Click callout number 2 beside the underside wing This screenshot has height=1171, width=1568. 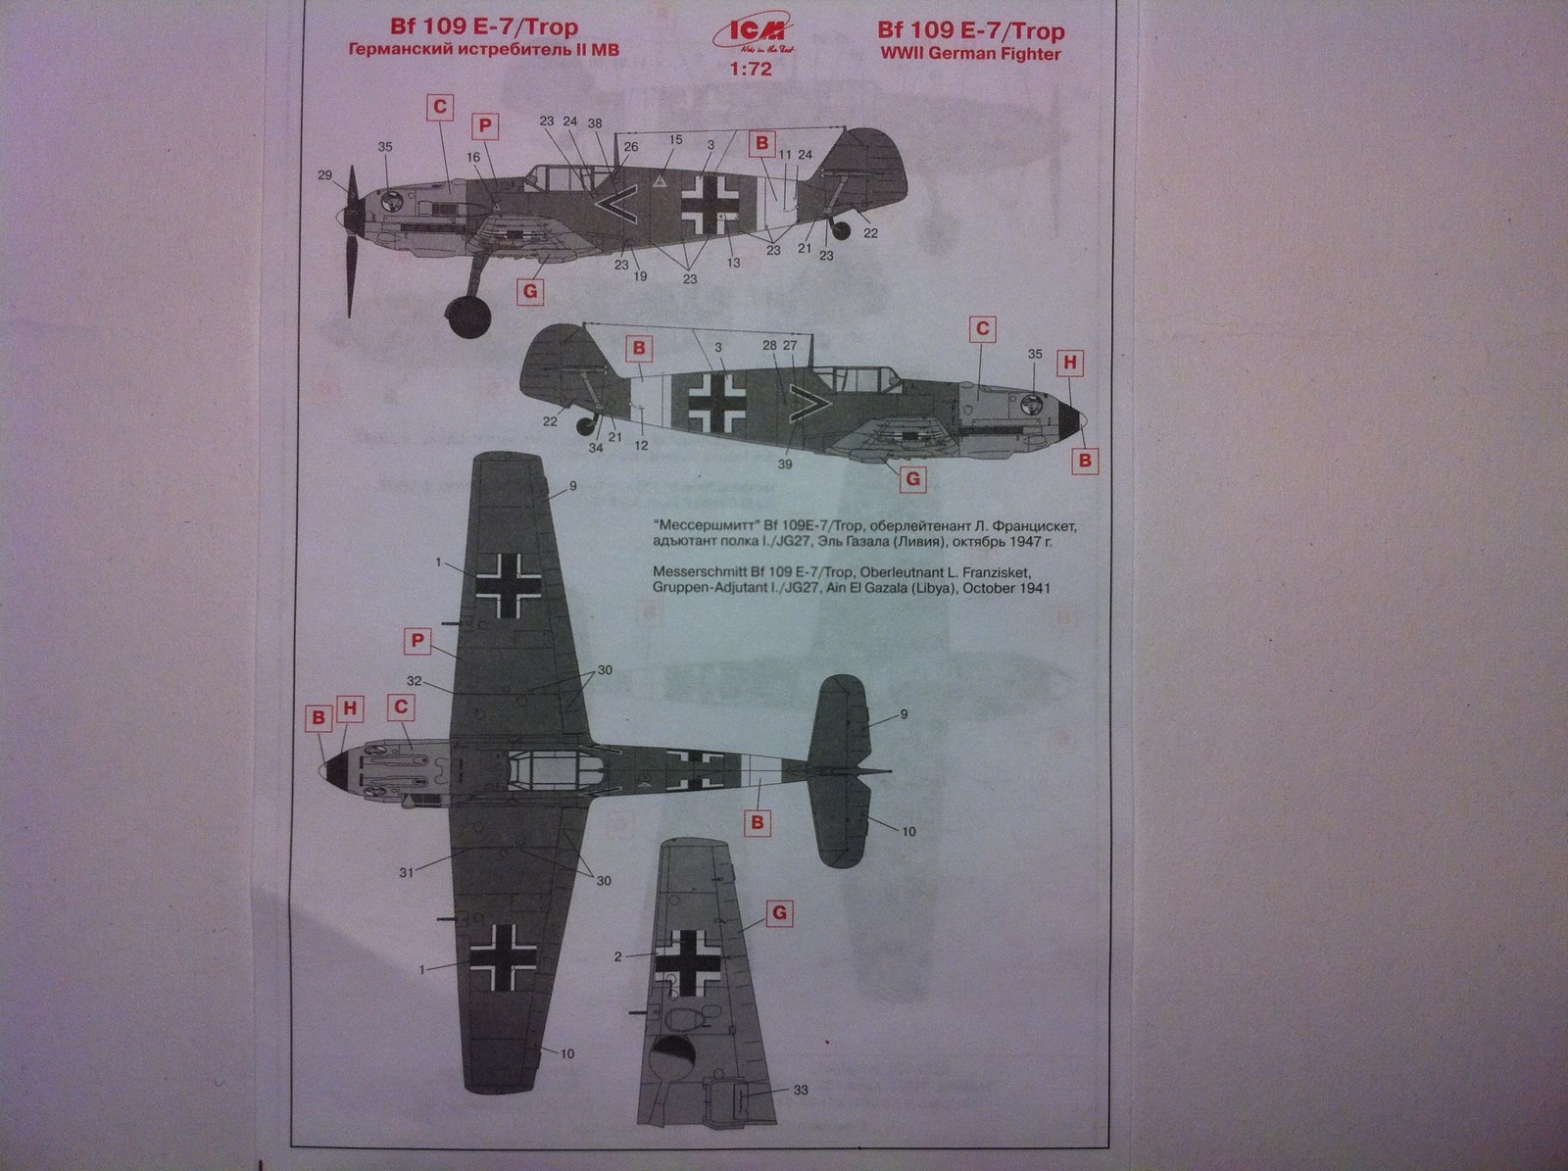tap(618, 956)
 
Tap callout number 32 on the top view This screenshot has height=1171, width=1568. tap(415, 681)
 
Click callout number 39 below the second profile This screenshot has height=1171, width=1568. tap(785, 464)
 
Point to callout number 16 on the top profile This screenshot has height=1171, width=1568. tap(474, 157)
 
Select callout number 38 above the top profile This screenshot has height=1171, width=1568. tap(595, 123)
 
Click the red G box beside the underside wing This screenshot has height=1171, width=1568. tap(778, 914)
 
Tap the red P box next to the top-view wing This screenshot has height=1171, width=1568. tap(418, 641)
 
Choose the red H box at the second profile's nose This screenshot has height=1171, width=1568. tap(1070, 363)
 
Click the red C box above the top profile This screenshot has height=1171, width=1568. tap(441, 107)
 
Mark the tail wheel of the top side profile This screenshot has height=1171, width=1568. tap(841, 230)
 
